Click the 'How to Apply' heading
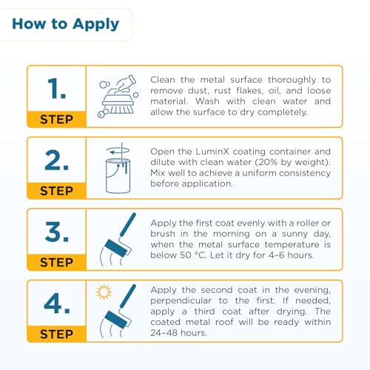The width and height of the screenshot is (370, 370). click(66, 24)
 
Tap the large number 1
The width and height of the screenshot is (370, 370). click(56, 88)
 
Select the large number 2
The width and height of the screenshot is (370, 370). click(56, 160)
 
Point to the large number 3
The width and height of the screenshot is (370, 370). click(56, 232)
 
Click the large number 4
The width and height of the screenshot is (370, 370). click(56, 303)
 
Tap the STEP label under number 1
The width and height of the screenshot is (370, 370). click(56, 119)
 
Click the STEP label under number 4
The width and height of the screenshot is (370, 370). click(56, 334)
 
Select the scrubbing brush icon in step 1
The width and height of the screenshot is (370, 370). click(118, 97)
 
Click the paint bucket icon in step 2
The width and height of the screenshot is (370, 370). click(118, 175)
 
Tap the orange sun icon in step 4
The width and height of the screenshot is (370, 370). click(104, 292)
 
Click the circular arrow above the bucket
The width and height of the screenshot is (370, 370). click(118, 150)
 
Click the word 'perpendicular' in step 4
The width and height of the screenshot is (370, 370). click(181, 301)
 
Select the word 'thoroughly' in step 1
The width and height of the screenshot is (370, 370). click(292, 80)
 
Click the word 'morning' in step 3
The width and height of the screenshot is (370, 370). click(232, 234)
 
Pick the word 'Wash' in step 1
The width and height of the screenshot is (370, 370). click(207, 101)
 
